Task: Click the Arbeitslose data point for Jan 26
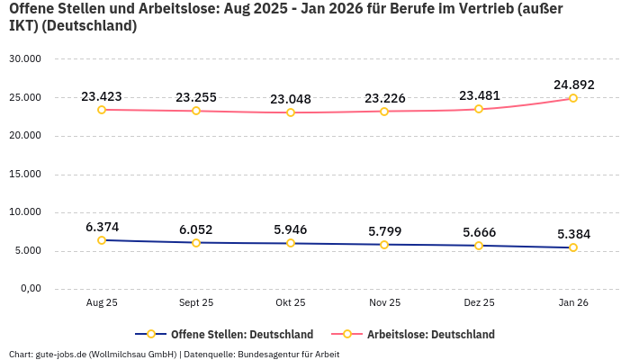573,98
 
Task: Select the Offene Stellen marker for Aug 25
102,240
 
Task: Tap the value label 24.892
573,85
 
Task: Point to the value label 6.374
102,227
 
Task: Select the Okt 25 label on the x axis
291,303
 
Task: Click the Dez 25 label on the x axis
479,303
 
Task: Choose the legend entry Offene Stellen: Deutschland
241,334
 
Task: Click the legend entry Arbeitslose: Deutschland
430,334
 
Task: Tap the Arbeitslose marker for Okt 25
291,112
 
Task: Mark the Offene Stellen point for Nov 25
384,245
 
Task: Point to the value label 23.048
291,99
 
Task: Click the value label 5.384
573,234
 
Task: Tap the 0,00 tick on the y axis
30,289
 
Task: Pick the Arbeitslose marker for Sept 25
196,111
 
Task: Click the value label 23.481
479,95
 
